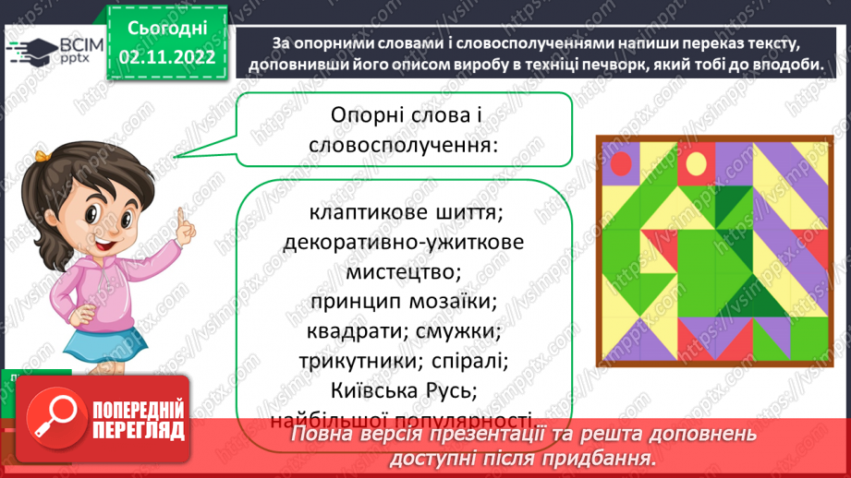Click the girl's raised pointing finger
pos(182,219)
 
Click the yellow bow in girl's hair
pos(43,156)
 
